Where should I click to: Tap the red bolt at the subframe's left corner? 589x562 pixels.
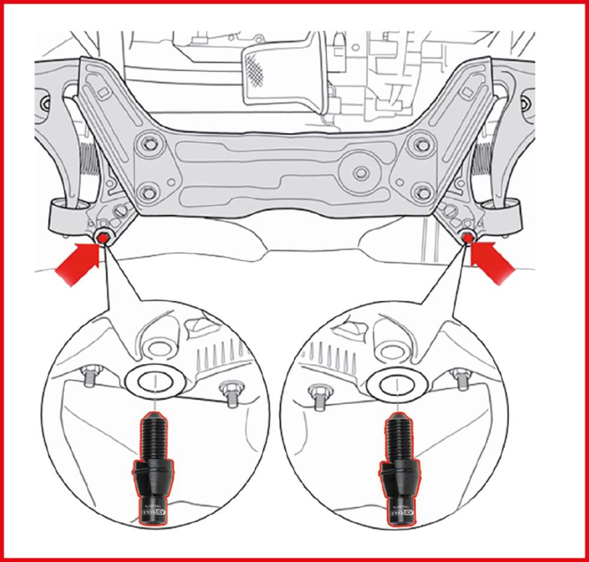point(102,237)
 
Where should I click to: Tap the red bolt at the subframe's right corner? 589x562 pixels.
point(468,237)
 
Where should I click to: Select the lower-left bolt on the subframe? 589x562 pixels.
point(149,192)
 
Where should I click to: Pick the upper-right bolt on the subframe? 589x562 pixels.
point(421,142)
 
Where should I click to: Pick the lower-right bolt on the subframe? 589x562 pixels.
point(420,191)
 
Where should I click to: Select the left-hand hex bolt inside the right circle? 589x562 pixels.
point(319,392)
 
